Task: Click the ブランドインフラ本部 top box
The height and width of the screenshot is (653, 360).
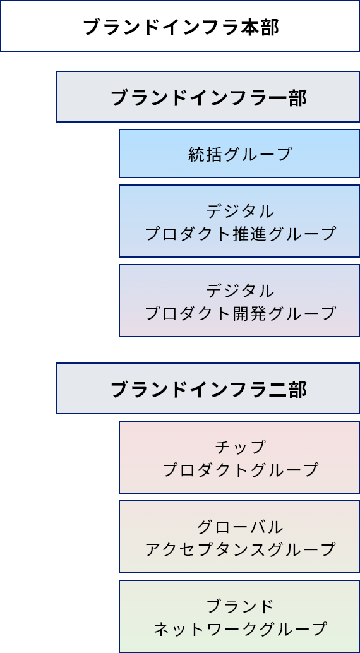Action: point(180,26)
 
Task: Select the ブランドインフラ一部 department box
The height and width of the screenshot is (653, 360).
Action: point(208,97)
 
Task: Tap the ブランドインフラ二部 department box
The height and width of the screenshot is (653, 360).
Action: point(208,388)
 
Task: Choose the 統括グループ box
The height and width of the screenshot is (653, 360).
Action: point(239,153)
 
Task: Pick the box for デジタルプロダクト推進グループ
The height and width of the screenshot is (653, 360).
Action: point(239,221)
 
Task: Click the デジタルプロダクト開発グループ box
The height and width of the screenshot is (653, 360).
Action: point(239,300)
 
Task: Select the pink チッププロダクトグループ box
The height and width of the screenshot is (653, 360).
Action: point(239,457)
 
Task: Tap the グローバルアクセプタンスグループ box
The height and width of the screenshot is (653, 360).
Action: point(239,536)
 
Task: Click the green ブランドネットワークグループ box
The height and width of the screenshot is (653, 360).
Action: point(239,616)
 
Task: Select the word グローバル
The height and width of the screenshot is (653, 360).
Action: point(240,527)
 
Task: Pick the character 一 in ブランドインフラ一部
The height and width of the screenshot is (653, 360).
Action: point(277,99)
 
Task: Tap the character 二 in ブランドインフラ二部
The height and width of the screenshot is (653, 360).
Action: point(277,390)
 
